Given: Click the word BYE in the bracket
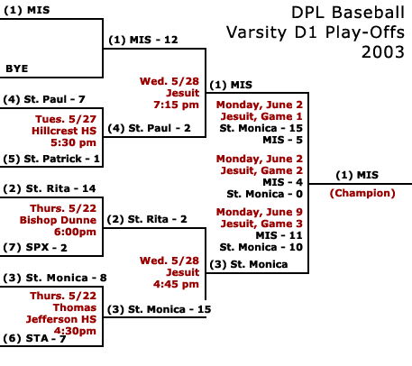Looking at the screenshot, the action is tap(17, 69).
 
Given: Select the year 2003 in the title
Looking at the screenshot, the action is tap(383, 52).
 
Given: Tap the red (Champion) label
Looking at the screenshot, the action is tap(362, 193).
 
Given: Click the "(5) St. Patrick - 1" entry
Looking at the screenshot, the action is tap(51, 159).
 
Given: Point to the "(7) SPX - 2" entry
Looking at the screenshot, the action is tap(35, 247).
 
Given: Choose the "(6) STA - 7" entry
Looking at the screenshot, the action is tap(34, 338).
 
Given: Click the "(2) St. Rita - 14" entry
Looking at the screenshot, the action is tap(50, 188).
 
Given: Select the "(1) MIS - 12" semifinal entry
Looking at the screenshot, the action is tap(143, 40).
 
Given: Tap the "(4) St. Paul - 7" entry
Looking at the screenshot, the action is tap(44, 99).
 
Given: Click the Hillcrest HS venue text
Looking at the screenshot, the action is tap(64, 131).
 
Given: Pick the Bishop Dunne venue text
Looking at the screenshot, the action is tap(58, 220).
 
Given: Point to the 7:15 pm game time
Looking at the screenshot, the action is tap(176, 105).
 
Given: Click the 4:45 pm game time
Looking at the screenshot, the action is tap(176, 284).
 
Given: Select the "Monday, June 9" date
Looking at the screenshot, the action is tap(260, 212).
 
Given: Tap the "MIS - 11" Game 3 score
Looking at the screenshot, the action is tap(279, 235).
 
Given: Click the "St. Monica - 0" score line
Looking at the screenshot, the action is tap(265, 194).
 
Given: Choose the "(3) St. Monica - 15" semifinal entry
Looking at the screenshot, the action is tap(160, 309).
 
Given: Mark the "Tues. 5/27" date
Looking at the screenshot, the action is tap(66, 119).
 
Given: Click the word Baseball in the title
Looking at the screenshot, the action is tap(369, 13).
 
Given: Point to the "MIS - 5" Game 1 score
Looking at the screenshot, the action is tap(283, 140).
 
